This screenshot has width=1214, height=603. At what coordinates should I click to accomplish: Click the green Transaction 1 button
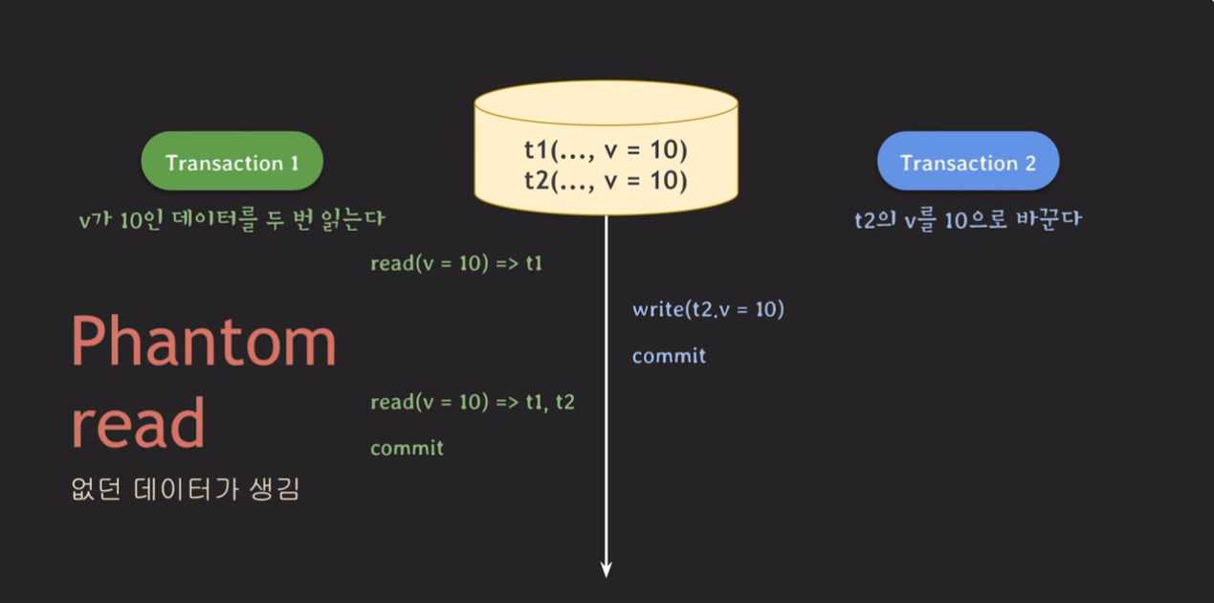[x=232, y=162]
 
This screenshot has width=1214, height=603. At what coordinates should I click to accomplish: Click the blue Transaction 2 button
[x=968, y=162]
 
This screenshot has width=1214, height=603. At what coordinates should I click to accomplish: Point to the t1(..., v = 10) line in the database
[x=606, y=151]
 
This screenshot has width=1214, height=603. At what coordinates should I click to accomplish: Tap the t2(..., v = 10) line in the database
[x=606, y=179]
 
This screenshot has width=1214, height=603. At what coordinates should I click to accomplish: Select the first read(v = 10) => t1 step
[x=456, y=263]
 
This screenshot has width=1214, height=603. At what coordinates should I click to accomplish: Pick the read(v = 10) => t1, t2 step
[x=473, y=402]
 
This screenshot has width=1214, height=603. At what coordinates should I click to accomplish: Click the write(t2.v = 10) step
[x=708, y=309]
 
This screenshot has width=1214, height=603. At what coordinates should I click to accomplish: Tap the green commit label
[x=407, y=448]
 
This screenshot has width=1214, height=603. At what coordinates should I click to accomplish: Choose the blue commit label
[x=669, y=356]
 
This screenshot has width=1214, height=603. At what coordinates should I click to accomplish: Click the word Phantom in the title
[x=205, y=344]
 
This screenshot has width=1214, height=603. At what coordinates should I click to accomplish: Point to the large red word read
[x=139, y=423]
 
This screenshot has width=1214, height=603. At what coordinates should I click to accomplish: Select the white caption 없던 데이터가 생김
[x=186, y=490]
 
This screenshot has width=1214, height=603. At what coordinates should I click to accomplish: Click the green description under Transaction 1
[x=232, y=219]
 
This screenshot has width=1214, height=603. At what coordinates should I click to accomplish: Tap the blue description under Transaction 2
[x=967, y=219]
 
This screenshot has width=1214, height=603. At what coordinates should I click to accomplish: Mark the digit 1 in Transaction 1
[x=293, y=163]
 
